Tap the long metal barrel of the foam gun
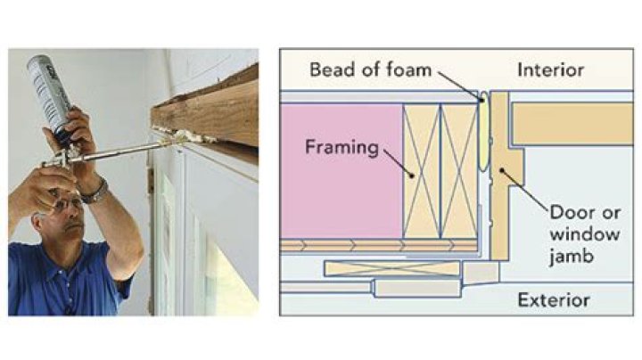[116, 152]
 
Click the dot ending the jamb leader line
[503, 172]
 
